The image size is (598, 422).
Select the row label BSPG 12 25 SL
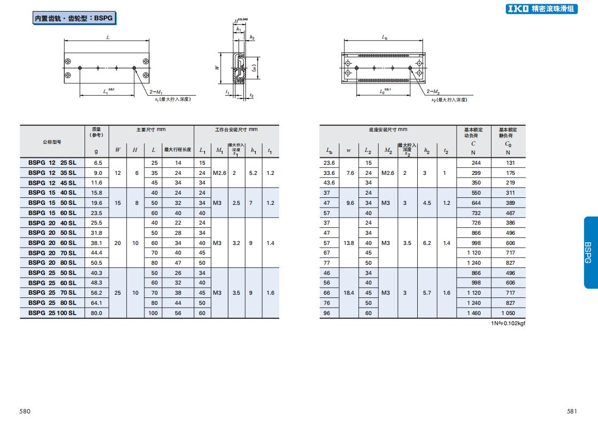tap(52, 163)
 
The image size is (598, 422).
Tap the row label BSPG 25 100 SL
tap(52, 313)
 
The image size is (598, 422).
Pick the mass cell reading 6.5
tap(98, 163)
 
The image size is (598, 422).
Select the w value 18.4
tap(349, 293)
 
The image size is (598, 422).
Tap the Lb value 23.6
tap(329, 163)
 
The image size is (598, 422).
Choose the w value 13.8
tap(349, 243)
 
